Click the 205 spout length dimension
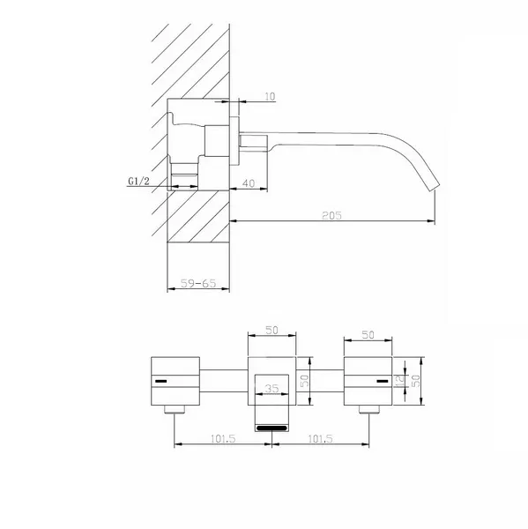click(331, 215)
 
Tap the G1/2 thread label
click(138, 181)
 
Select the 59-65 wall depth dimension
click(198, 283)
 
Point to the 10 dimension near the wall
click(270, 96)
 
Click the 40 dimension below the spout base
click(249, 183)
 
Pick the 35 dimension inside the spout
click(271, 388)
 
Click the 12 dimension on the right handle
click(400, 381)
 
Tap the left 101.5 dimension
click(223, 438)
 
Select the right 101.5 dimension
click(321, 438)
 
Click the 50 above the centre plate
click(271, 330)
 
